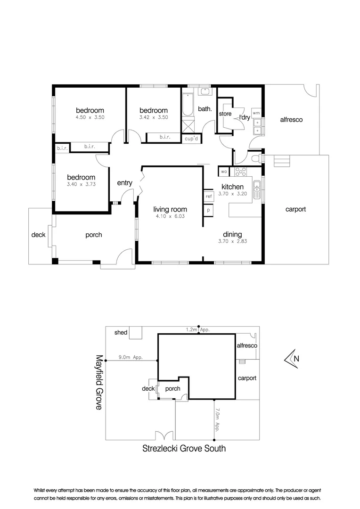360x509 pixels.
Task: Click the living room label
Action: coord(170,209)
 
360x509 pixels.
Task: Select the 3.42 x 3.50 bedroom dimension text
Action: coord(154,118)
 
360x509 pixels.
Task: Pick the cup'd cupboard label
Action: coord(192,139)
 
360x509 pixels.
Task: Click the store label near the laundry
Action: coord(225,114)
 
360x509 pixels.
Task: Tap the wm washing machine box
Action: coord(256,113)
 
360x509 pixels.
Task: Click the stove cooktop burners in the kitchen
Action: coord(241,172)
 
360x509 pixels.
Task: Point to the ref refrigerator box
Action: coord(209,196)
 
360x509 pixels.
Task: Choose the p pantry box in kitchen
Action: coord(208,210)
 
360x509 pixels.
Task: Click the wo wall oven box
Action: coord(223,172)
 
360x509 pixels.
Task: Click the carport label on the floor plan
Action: coord(295,209)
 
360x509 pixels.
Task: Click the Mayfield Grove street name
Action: coord(98,382)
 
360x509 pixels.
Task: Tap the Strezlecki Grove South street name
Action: coord(184,449)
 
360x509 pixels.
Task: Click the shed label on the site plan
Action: coord(121,332)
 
